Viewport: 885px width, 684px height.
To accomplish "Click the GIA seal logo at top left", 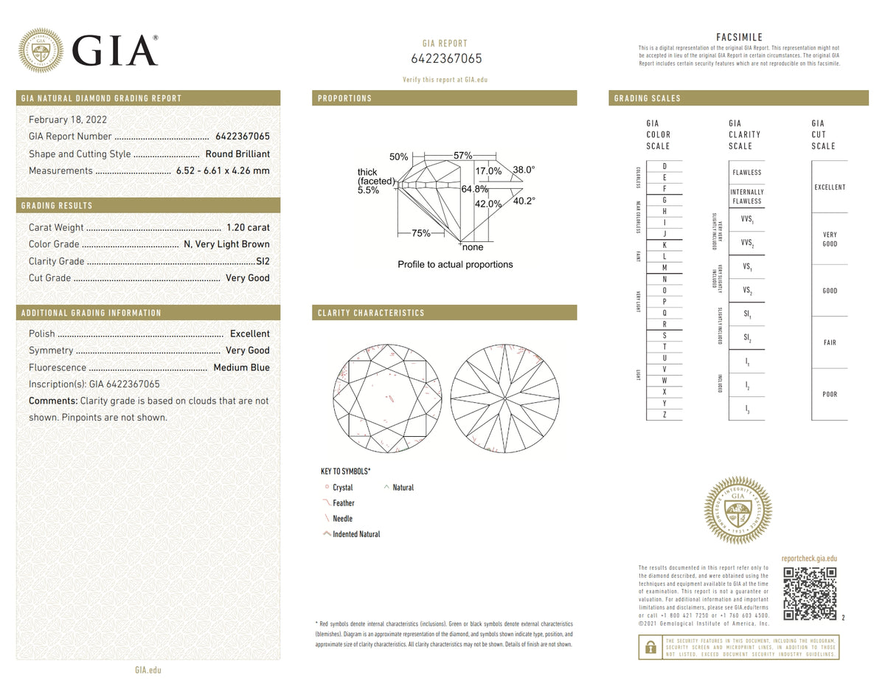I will (x=41, y=50).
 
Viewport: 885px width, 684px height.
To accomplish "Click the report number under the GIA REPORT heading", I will (x=445, y=58).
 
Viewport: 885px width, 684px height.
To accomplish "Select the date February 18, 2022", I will (x=67, y=120).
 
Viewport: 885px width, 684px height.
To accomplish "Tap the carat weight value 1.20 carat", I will (x=249, y=227).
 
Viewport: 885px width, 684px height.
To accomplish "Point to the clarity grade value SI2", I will (x=263, y=261).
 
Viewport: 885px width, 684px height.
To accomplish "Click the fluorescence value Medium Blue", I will (x=241, y=367).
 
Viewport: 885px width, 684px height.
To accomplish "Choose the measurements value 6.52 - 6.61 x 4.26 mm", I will (x=223, y=170).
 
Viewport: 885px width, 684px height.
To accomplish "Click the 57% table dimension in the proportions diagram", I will (x=462, y=156).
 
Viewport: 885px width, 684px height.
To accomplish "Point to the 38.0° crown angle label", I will (x=524, y=170).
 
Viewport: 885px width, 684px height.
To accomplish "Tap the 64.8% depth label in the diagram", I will (x=475, y=189).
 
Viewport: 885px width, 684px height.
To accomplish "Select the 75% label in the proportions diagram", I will (x=420, y=233).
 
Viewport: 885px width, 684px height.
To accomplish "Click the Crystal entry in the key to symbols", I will (x=342, y=488).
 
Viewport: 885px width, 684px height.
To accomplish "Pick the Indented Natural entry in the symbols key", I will (x=355, y=534).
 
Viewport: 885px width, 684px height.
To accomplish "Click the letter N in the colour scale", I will (x=664, y=279).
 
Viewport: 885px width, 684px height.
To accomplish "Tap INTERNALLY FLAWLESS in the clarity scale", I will (x=746, y=196).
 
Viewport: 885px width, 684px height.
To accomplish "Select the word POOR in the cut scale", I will (x=830, y=394).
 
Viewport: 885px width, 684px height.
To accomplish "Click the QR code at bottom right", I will (x=809, y=593).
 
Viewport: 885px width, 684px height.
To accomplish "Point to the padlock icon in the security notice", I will (x=650, y=647).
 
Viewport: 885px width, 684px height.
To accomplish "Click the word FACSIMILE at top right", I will (x=739, y=37).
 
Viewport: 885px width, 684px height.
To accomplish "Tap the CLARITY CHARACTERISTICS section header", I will (x=371, y=313).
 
